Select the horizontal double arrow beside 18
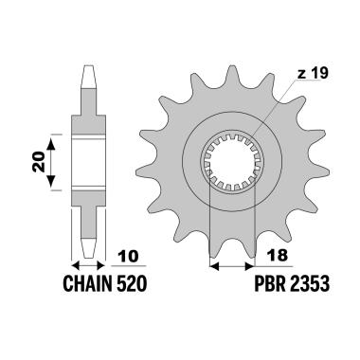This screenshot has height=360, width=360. tap(233, 267)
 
